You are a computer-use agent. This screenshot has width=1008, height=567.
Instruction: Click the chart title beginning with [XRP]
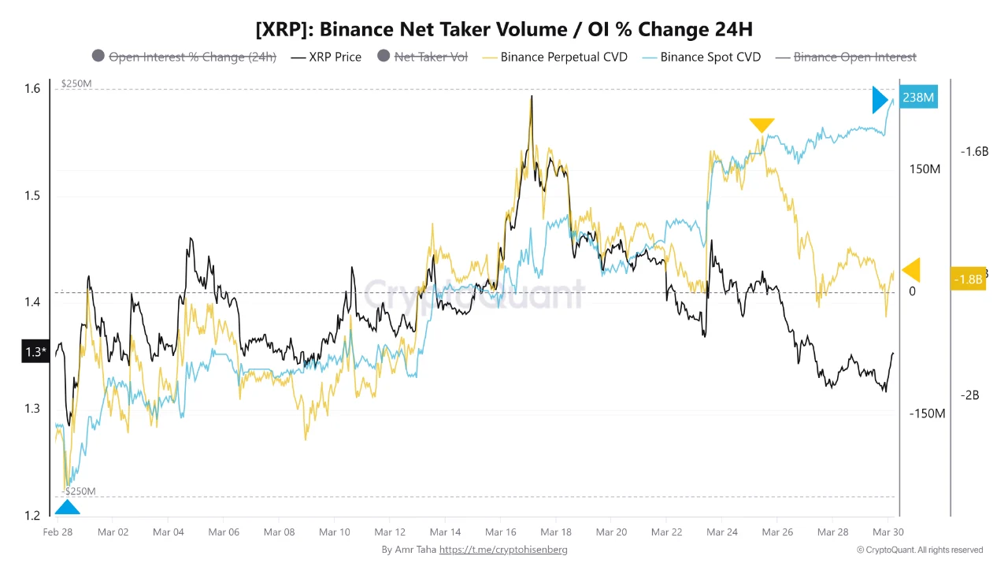[x=504, y=30]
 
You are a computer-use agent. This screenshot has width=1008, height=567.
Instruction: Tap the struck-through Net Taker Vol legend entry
[x=431, y=57]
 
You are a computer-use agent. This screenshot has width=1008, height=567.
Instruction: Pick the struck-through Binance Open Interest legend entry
[x=854, y=57]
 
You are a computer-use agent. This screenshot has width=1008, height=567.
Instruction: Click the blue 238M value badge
[x=918, y=98]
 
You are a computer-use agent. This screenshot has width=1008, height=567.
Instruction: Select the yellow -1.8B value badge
[x=968, y=279]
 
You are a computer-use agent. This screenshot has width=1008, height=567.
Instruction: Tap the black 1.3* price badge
[x=35, y=352]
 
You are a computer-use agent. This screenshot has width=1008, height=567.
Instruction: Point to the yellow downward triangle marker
[x=762, y=124]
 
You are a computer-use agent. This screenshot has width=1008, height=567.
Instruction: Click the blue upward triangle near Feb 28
[x=67, y=509]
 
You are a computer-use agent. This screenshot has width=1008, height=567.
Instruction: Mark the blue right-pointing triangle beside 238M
[x=880, y=101]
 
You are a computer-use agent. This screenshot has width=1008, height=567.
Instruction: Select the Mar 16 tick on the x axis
[x=500, y=532]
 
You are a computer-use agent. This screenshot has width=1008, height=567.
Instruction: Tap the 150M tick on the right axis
[x=925, y=169]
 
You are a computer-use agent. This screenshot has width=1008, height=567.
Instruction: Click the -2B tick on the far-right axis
[x=969, y=395]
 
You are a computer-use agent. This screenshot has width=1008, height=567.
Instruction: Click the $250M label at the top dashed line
[x=76, y=83]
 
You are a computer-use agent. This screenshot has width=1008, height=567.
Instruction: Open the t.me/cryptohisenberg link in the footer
[x=503, y=550]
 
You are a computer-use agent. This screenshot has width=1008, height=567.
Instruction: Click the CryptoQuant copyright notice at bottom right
[x=919, y=550]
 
